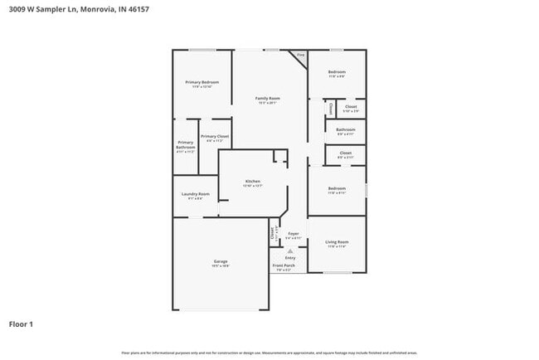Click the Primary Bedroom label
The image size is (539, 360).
pyautogui.click(x=202, y=82)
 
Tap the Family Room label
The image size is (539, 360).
pyautogui.click(x=267, y=98)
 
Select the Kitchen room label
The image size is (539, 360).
pyautogui.click(x=253, y=181)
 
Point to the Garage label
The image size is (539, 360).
pyautogui.click(x=221, y=261)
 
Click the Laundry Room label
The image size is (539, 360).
pyautogui.click(x=196, y=194)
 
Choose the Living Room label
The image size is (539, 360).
pyautogui.click(x=337, y=242)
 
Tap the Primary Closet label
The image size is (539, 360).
pyautogui.click(x=215, y=136)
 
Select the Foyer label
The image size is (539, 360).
pyautogui.click(x=293, y=234)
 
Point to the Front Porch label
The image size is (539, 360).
pyautogui.click(x=285, y=265)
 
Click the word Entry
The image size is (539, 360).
pyautogui.click(x=290, y=257)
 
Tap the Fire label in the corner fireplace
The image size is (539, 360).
pyautogui.click(x=301, y=55)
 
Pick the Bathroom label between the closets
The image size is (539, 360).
pyautogui.click(x=346, y=130)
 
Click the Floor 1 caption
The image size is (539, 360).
pyautogui.click(x=22, y=324)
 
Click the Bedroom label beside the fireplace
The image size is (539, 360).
pyautogui.click(x=337, y=72)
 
